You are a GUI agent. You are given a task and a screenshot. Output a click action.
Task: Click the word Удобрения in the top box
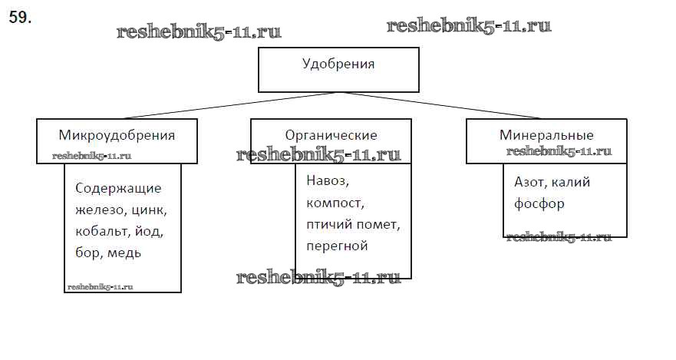pos(338,64)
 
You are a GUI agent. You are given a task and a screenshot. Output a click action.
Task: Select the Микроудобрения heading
pos(117,135)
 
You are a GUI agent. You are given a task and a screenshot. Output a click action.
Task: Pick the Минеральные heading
pos(546,135)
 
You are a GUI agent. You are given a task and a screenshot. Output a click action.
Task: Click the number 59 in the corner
pos(19,18)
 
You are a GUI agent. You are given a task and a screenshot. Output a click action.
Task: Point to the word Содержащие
pos(119,189)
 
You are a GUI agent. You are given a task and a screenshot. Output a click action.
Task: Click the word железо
pos(98,210)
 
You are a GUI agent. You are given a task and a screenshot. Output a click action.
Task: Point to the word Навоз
pos(327,183)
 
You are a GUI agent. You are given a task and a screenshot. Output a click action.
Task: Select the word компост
pos(334,204)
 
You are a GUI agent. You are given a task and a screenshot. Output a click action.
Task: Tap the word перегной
pos(337,246)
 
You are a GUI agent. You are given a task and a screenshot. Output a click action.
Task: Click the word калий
pos(572,183)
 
